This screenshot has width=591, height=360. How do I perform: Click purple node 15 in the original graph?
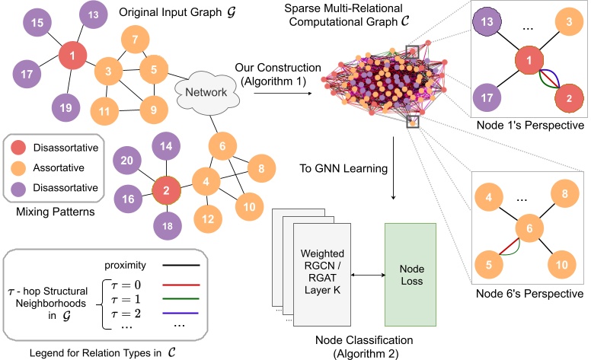(37, 24)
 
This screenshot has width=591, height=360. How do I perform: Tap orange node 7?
(135, 40)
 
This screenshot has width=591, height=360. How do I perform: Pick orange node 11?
(103, 110)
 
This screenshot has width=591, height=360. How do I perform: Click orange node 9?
(152, 110)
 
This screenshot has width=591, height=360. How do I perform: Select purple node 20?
(128, 161)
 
